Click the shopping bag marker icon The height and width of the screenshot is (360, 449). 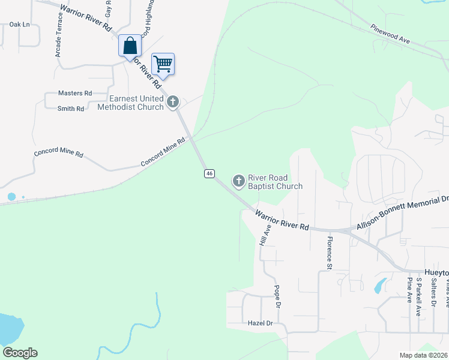tap(130, 46)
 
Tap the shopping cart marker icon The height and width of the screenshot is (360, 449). tap(163, 63)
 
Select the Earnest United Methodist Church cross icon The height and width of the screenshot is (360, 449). tap(173, 101)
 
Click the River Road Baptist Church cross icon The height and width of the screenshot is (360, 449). tap(238, 181)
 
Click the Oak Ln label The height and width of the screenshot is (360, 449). tap(20, 25)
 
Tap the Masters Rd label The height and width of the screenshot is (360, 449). tap(75, 93)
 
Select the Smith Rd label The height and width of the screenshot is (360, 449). tap(71, 109)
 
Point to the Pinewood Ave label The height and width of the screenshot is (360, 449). tap(390, 34)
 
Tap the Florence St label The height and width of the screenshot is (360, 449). tap(329, 252)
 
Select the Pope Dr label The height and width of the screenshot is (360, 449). tap(277, 296)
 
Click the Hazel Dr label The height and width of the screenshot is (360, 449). tap(261, 323)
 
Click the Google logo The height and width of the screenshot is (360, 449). tap(20, 353)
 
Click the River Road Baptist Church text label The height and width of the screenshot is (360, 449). tap(275, 182)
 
